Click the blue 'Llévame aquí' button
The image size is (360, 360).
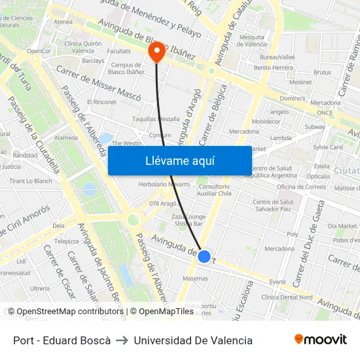point(179,160)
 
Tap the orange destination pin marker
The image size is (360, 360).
point(157,52)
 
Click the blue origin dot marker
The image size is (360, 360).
point(204,257)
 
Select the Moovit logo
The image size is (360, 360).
point(320,340)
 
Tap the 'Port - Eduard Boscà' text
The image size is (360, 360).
point(62,340)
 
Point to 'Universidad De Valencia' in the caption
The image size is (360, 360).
point(193,340)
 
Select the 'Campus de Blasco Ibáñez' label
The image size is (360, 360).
point(126,69)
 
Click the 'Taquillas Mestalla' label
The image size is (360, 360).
point(156,120)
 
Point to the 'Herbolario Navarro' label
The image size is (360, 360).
point(164,185)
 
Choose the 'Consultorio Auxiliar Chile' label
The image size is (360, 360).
point(215,190)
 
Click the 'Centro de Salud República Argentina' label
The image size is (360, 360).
point(274,172)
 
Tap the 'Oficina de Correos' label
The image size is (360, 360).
point(300,187)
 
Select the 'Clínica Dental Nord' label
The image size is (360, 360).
point(287,297)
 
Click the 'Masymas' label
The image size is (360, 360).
point(196,278)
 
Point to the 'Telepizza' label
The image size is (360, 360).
point(66,241)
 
